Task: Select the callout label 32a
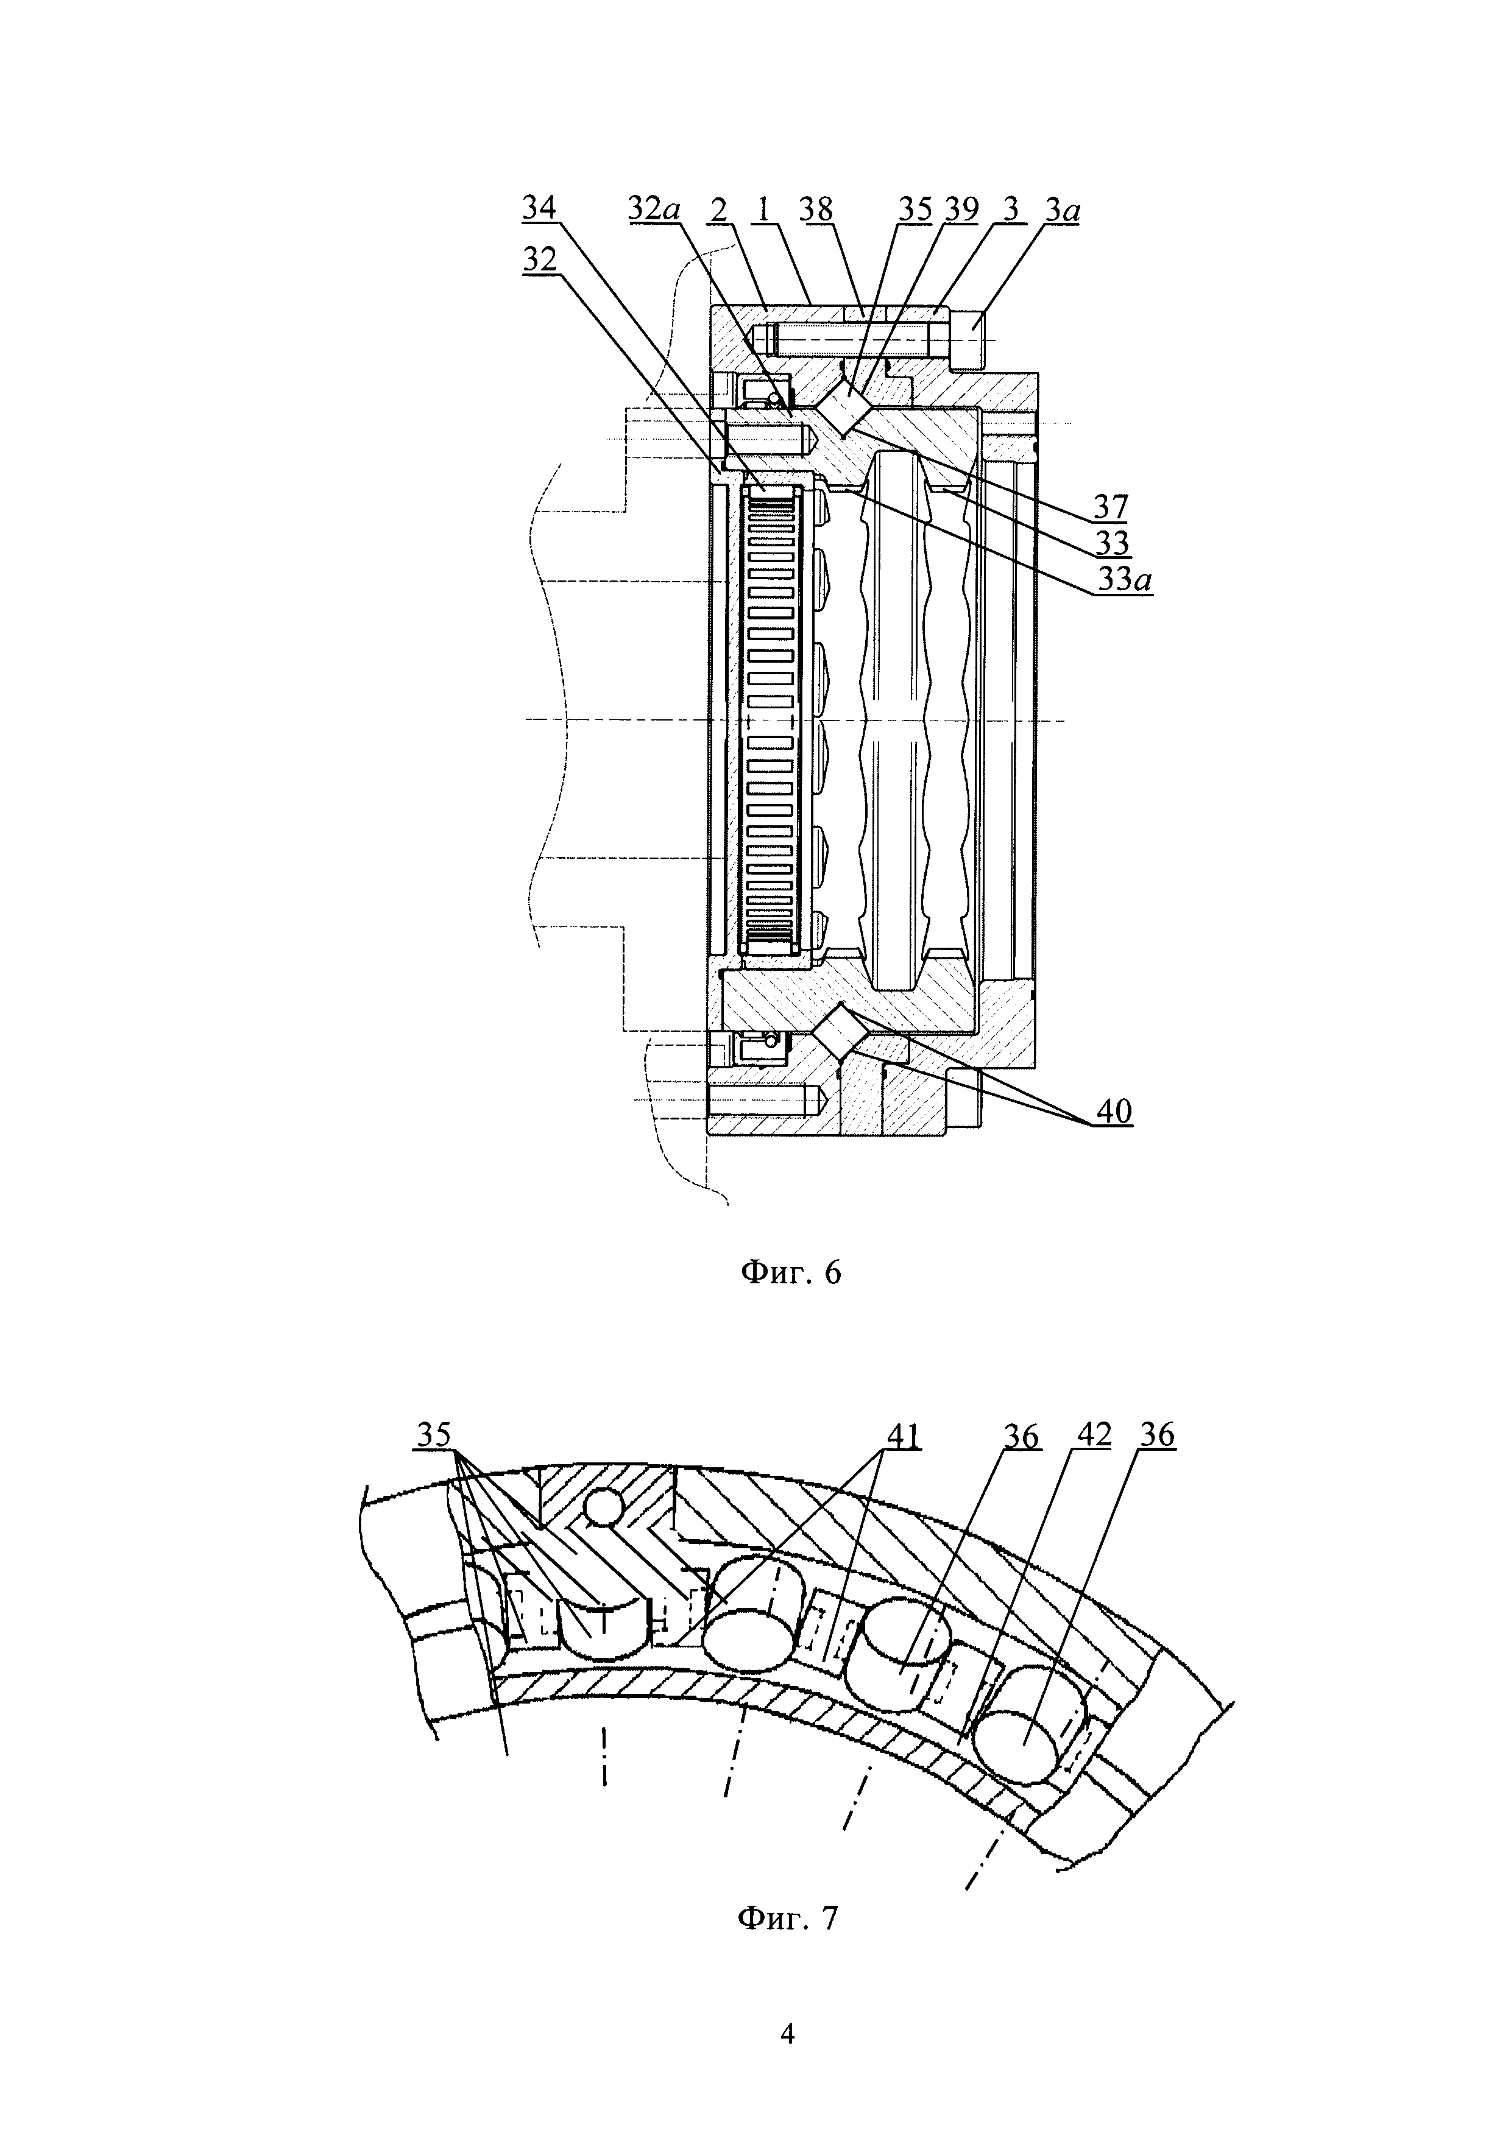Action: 654,208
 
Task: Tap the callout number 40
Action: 1114,1111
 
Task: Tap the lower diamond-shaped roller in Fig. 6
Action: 840,1032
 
